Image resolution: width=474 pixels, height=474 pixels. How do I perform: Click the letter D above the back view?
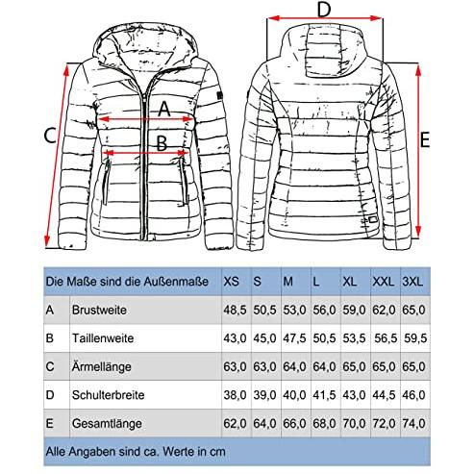[x=324, y=10]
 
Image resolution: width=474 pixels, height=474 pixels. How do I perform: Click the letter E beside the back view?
[x=425, y=139]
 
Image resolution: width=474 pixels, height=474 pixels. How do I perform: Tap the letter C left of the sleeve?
[x=50, y=136]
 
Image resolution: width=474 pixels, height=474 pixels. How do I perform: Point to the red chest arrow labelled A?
[x=146, y=119]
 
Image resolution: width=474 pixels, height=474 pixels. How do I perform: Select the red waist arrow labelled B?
[x=146, y=152]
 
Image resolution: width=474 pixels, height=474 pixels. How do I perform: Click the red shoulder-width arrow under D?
[x=325, y=18]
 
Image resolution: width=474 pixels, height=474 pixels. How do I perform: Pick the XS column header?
[x=231, y=282]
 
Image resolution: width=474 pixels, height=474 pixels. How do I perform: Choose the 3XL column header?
[x=412, y=282]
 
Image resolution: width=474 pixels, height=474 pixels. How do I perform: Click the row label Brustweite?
[x=99, y=310]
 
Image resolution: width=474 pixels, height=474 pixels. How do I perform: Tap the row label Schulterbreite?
[x=108, y=395]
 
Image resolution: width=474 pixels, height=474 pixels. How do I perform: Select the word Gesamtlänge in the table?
[x=107, y=423]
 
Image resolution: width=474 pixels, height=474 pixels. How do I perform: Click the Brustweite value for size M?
[x=294, y=310]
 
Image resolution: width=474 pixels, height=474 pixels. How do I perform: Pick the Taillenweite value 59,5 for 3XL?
[x=415, y=338]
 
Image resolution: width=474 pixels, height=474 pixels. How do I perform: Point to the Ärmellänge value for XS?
[x=235, y=366]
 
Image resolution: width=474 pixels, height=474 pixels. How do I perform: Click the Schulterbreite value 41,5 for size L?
[x=324, y=395]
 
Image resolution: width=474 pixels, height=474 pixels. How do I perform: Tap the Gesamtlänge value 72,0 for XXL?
[x=384, y=423]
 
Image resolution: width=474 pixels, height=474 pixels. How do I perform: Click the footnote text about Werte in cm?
[x=136, y=452]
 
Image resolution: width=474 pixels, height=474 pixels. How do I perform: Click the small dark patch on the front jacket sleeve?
[x=219, y=95]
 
